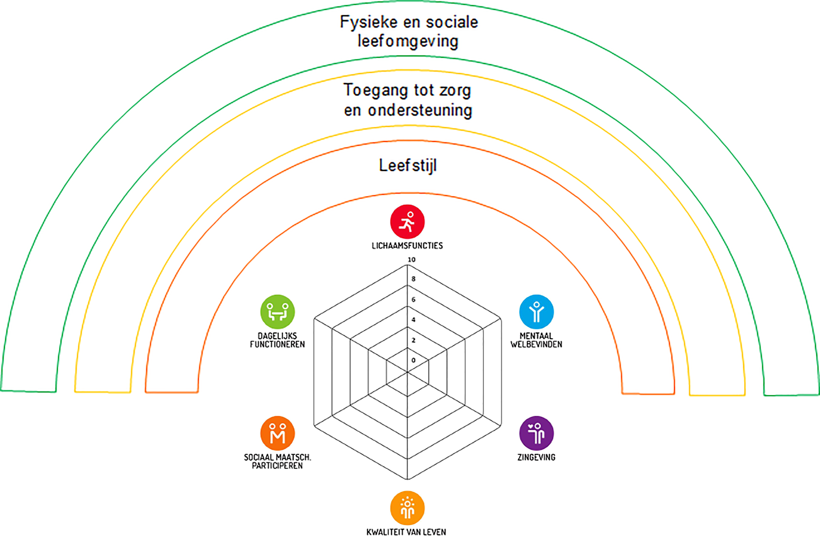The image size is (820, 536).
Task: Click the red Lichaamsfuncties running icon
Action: click(407, 221)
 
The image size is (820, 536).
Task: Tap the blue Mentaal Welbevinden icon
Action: click(536, 312)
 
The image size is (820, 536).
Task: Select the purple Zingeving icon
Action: click(536, 433)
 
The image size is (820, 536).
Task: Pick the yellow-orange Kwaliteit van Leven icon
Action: click(407, 508)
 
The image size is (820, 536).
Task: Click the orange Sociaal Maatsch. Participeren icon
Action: click(278, 433)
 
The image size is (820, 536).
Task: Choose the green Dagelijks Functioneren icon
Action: click(278, 312)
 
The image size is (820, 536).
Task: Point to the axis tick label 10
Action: click(412, 260)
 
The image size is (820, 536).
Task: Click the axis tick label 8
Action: click(413, 279)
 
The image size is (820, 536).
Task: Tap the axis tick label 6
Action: click(413, 299)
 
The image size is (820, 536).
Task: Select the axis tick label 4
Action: click(413, 320)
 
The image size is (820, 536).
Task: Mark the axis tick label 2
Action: click(413, 340)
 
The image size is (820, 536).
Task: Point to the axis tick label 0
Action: click(413, 360)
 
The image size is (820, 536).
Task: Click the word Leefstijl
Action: click(407, 166)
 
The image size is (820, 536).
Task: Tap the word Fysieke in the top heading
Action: click(364, 23)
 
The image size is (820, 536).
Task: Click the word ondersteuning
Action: click(420, 110)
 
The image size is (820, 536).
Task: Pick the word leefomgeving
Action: click(408, 41)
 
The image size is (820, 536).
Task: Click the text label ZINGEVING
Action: click(536, 458)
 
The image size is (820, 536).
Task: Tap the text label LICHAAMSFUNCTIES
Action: click(407, 246)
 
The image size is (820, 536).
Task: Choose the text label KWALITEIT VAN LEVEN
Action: click(406, 532)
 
